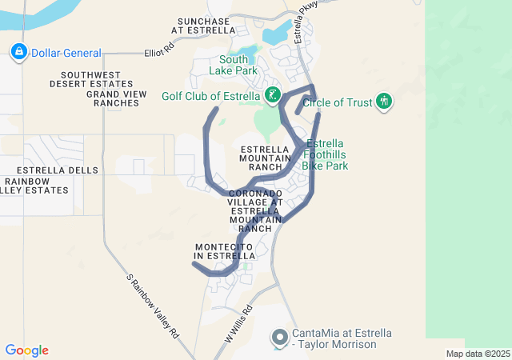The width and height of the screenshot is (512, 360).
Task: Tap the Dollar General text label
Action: [x=66, y=54]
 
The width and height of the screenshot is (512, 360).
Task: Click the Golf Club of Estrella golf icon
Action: [x=273, y=96]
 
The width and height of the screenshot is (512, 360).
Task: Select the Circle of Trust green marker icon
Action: [x=385, y=102]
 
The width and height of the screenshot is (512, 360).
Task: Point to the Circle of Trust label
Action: [x=337, y=102]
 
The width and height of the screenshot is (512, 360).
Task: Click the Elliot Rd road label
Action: [x=159, y=50]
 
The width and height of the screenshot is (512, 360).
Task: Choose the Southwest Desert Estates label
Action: [x=90, y=78]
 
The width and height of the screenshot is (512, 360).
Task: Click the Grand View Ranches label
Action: [x=117, y=98]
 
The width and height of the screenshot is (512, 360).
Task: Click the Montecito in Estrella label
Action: [x=224, y=250]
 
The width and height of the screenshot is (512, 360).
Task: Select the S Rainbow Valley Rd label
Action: [x=153, y=308]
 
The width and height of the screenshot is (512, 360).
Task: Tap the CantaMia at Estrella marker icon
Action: [x=279, y=337]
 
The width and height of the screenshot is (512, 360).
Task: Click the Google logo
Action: [x=26, y=350]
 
